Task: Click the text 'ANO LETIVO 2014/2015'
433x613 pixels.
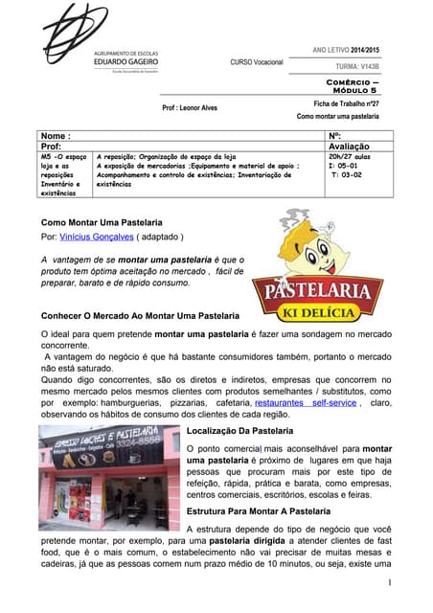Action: [346, 49]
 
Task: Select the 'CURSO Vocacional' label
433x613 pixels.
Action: [257, 62]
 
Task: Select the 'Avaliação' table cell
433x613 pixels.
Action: [355, 147]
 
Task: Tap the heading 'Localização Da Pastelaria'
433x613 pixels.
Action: [246, 431]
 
